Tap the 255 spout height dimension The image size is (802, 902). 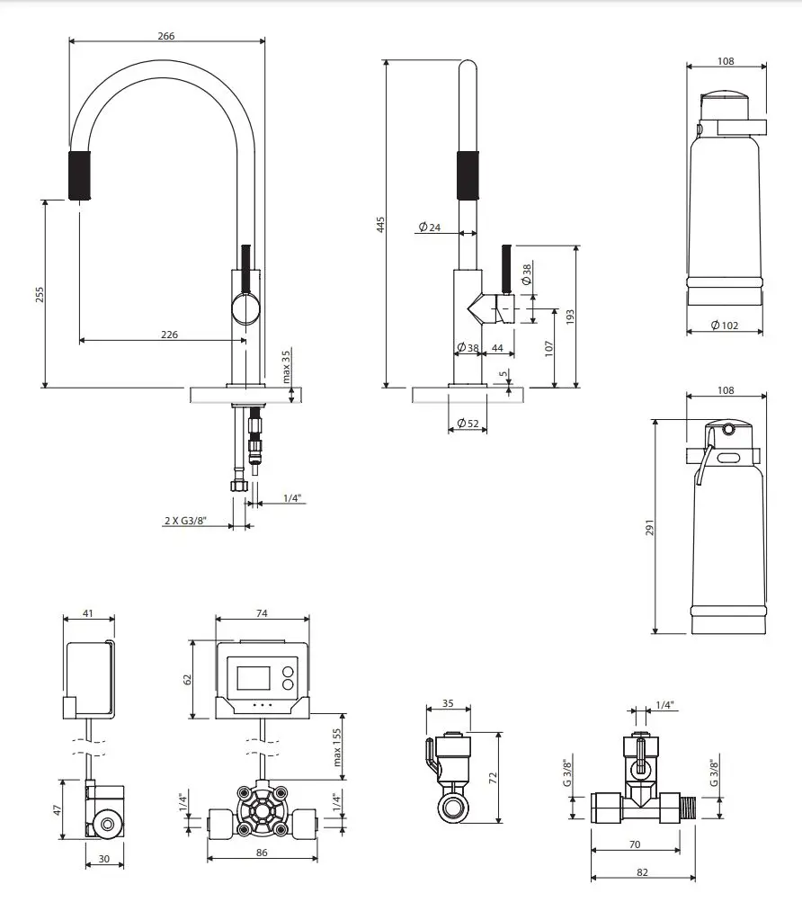pos(40,294)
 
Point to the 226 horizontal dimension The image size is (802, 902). pos(168,335)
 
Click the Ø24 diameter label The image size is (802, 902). pos(429,228)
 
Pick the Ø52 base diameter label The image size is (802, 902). pos(467,423)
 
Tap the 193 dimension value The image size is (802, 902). pos(571,317)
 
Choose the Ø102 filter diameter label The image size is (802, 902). pos(724,326)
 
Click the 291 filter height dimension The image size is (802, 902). pos(650,526)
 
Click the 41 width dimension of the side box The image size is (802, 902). pos(87,613)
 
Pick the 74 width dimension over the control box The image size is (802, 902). pos(262,613)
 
